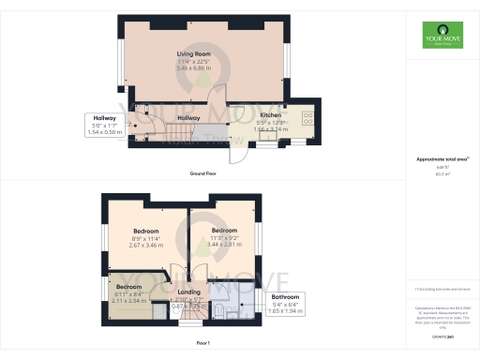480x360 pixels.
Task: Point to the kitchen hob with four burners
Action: coord(307,119)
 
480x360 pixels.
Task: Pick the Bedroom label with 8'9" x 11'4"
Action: coord(145,231)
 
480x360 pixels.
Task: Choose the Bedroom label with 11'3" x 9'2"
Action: coord(224,230)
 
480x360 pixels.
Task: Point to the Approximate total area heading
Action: coord(441,159)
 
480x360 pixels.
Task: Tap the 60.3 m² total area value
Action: coord(442,174)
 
